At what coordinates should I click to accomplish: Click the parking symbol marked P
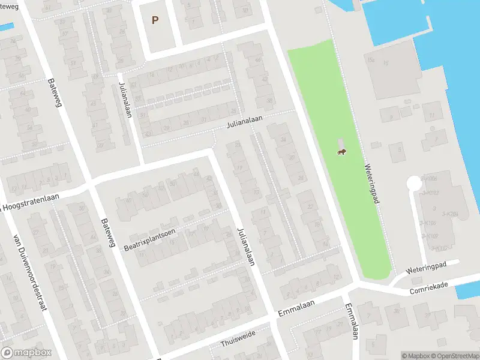[155, 20]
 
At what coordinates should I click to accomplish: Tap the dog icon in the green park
[341, 151]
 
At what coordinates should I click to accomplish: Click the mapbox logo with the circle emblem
[26, 353]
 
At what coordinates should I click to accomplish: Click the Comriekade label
[429, 288]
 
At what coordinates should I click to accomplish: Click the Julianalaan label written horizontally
[245, 122]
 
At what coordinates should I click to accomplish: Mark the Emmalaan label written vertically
[350, 320]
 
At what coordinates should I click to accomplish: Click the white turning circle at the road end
[414, 182]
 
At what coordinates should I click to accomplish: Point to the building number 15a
[371, 60]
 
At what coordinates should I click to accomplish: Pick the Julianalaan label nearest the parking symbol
[125, 100]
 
